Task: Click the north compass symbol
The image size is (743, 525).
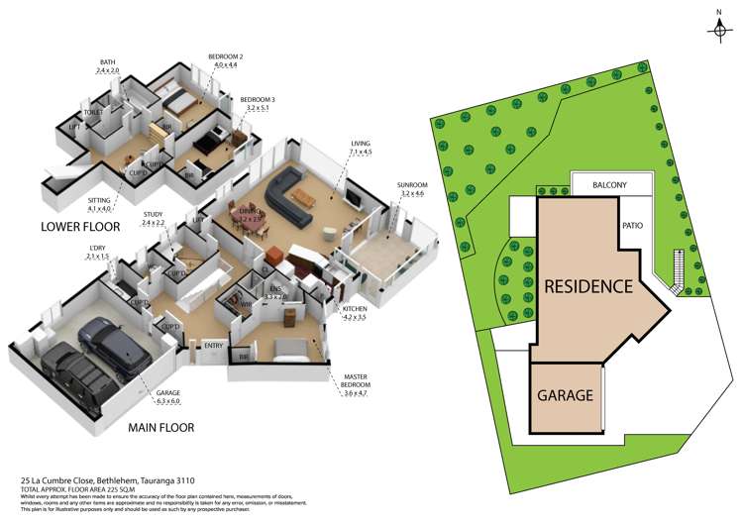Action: click(720, 29)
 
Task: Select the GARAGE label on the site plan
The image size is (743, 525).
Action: click(566, 394)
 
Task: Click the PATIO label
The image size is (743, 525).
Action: click(633, 225)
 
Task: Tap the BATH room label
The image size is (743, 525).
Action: click(107, 62)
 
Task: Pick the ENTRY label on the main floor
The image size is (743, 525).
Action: click(213, 345)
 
